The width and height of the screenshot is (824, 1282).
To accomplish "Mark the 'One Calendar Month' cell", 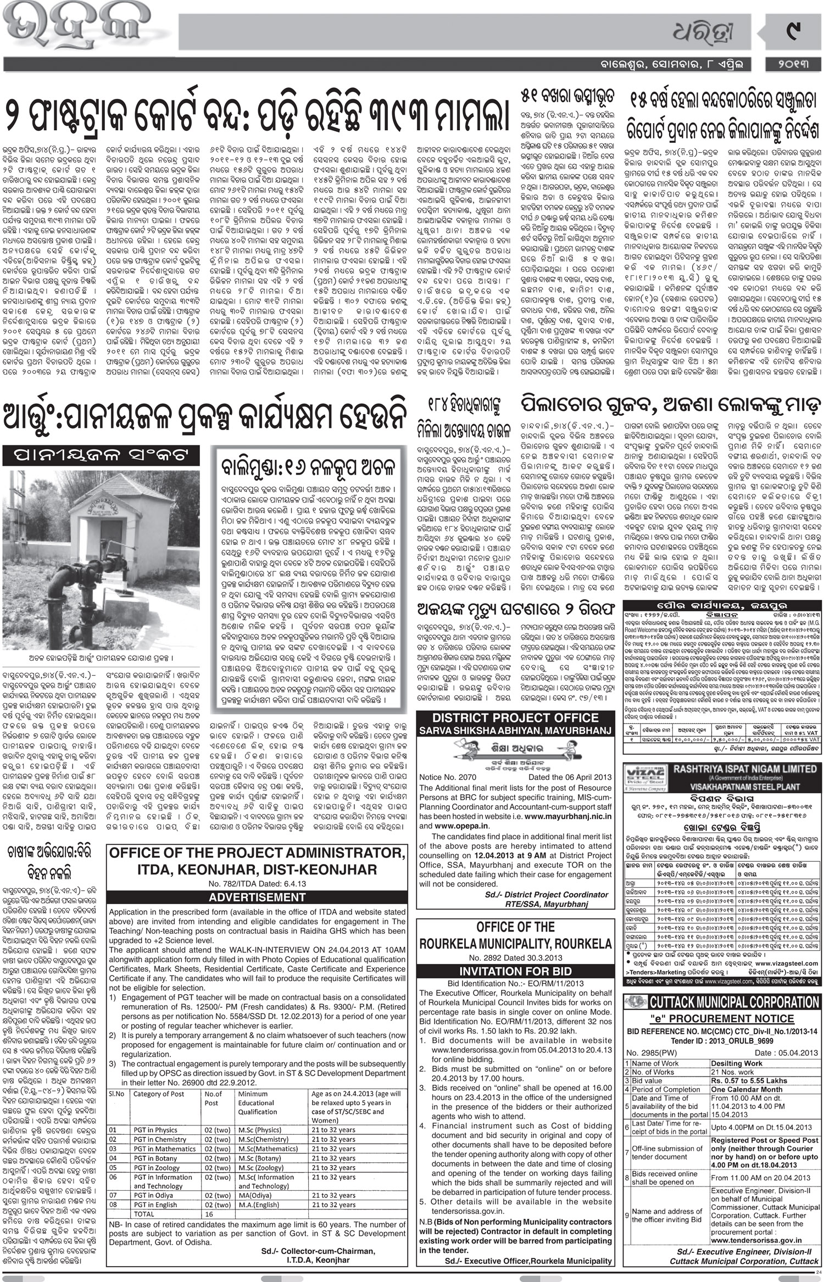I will click(747, 1089).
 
